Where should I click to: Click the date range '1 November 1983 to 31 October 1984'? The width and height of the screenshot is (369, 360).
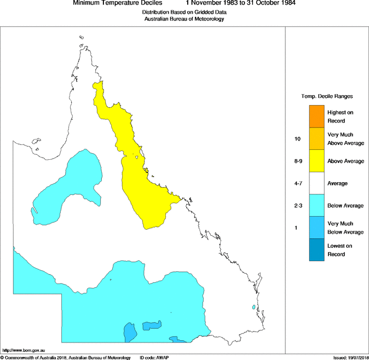coord(241,3)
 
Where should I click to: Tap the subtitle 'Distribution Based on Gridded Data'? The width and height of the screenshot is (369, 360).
coord(184,12)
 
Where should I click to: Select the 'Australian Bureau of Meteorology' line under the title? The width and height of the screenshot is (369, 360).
coord(184,19)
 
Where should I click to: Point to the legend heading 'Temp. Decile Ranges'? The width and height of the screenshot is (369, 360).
coord(327,96)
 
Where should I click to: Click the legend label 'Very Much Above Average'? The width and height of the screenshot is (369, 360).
coord(340,139)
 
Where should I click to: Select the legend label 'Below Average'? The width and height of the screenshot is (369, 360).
coord(345,206)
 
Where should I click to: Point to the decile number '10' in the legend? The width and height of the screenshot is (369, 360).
coord(298,139)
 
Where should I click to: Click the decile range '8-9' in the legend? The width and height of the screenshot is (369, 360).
coord(298,161)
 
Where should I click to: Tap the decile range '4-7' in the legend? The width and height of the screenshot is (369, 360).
coord(298,183)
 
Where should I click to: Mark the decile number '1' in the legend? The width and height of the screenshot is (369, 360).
coord(296,228)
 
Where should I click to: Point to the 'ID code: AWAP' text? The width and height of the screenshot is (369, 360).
coord(151,357)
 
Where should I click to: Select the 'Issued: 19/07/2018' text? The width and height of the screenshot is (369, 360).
coord(350,357)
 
